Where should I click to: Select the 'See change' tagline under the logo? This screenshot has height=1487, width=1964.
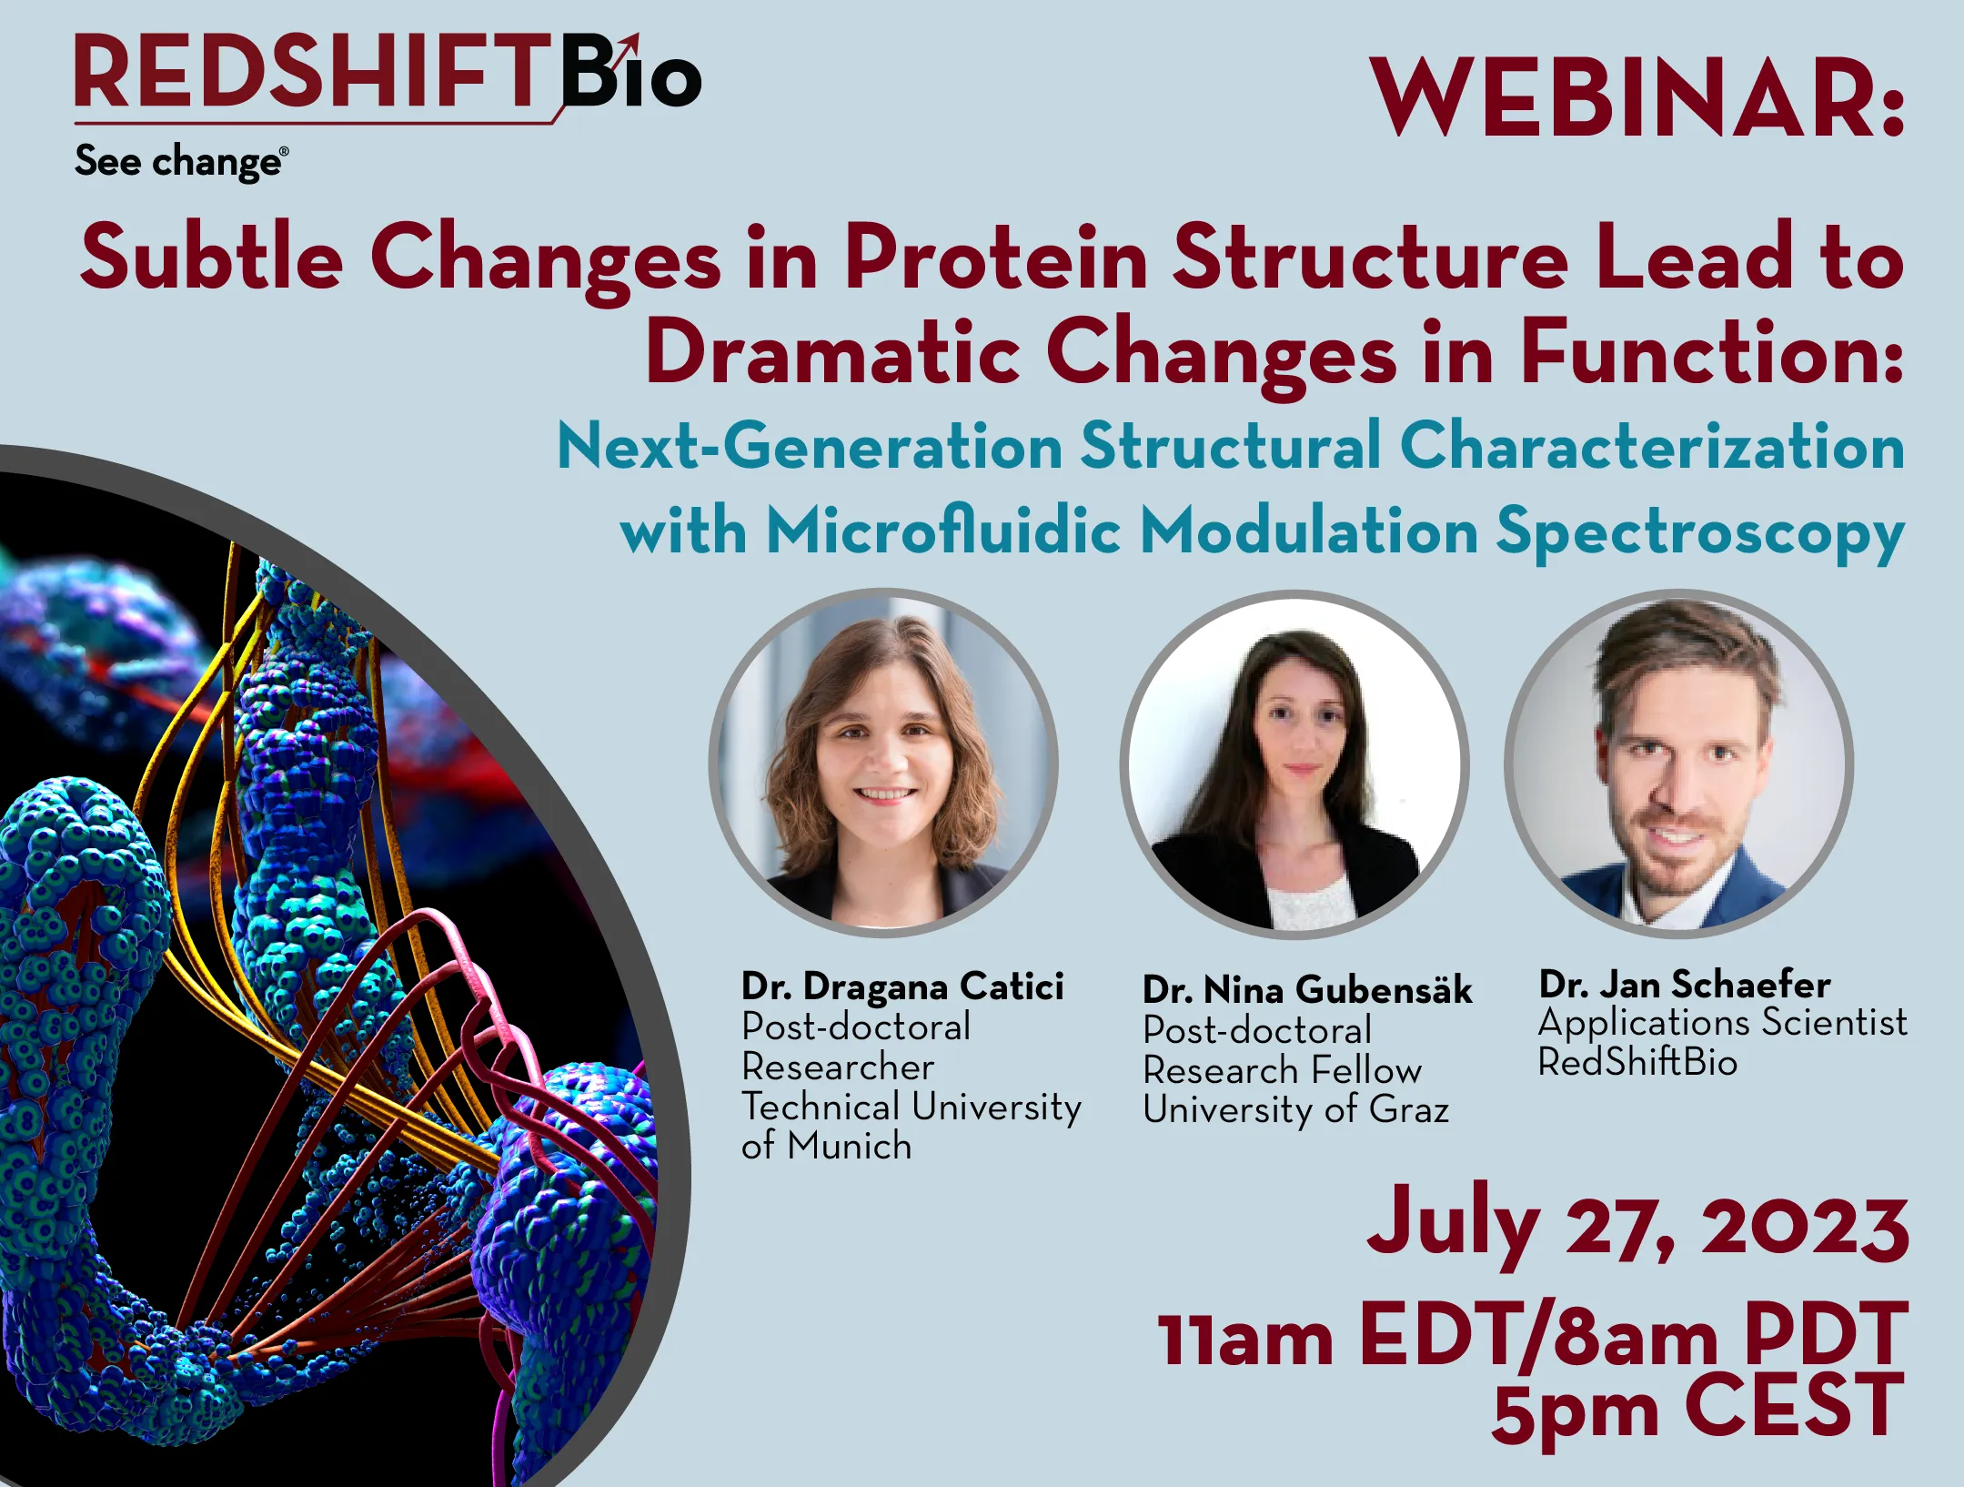pos(181,162)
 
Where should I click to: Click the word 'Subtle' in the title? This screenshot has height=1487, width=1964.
pos(212,258)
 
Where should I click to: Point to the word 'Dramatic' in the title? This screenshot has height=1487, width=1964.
pos(832,352)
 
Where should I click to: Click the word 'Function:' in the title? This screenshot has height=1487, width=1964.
pos(1711,352)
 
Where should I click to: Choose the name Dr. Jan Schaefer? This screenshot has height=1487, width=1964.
pos(1685,985)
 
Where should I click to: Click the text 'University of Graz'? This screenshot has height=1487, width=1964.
pos(1295,1110)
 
